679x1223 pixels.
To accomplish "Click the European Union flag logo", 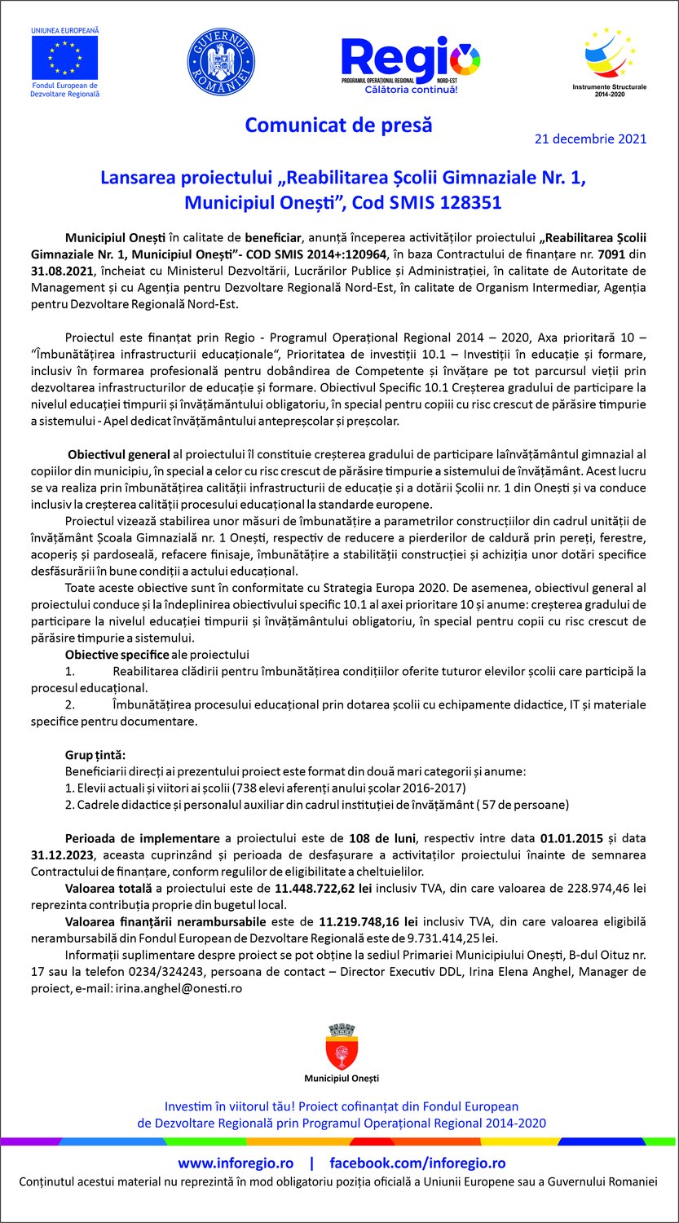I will (64, 57).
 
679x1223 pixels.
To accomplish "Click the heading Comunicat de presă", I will (338, 126).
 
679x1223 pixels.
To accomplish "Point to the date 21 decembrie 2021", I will (590, 139).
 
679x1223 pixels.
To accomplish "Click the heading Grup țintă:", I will (95, 755).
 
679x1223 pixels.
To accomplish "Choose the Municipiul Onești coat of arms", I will (341, 1048).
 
